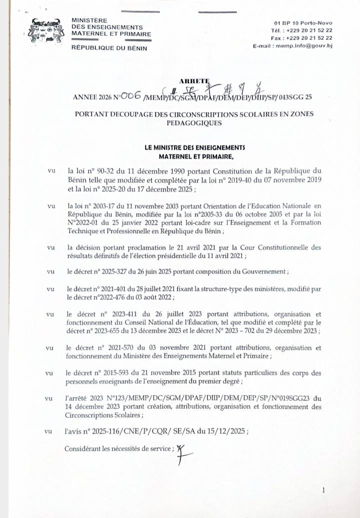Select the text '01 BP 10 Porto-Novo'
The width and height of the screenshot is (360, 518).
pos(303,23)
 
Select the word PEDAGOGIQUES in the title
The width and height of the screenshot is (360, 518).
pos(194,122)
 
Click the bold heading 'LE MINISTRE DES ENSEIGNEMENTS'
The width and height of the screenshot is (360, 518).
pos(194,147)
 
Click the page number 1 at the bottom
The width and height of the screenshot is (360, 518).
pos(324,490)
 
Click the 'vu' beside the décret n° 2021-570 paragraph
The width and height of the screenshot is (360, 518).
pos(50,348)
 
